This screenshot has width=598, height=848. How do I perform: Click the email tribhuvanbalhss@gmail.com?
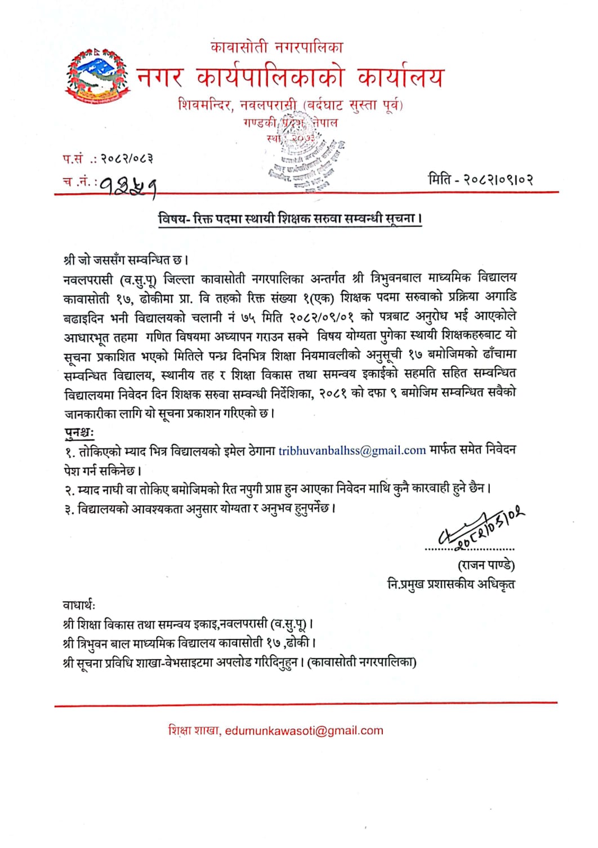coord(352,450)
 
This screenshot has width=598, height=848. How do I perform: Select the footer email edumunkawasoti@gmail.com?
coord(304,731)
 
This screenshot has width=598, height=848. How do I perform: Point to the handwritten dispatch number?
coord(128,184)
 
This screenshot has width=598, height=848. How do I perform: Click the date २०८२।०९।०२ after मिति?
coord(498,180)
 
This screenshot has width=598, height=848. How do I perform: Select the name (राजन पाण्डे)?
coord(486,565)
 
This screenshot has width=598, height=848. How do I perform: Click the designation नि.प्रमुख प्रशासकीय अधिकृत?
coord(450,584)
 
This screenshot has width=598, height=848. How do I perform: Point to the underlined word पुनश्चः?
coord(79,433)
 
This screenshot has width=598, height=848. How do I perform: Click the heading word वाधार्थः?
coord(79,605)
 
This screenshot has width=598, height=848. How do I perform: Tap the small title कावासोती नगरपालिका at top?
coord(276,47)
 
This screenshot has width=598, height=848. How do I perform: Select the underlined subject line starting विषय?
coord(290,219)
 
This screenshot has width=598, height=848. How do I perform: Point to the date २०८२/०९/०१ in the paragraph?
coord(321,317)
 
